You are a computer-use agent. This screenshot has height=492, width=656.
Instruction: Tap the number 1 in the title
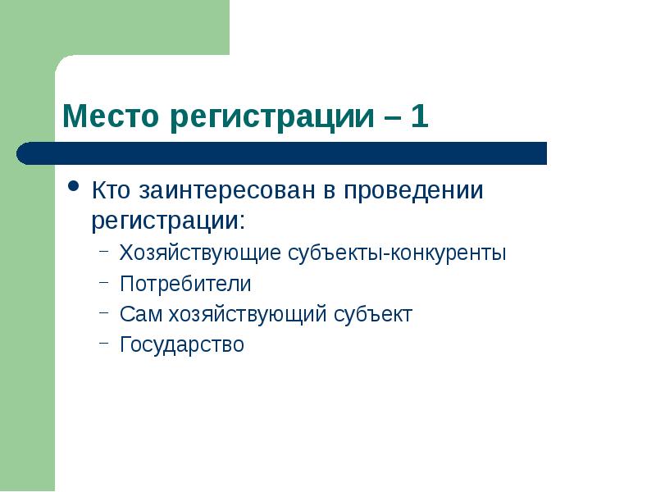[x=419, y=116]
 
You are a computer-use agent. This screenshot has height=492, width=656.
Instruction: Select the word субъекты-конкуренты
[x=397, y=253]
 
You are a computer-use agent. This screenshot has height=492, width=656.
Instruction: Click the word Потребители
[x=185, y=285]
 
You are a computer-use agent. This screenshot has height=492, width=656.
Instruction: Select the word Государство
[x=182, y=345]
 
